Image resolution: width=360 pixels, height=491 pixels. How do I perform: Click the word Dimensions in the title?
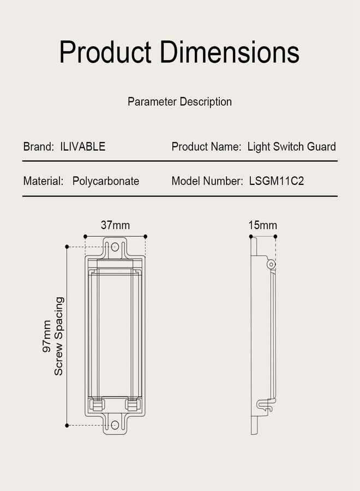click(x=230, y=52)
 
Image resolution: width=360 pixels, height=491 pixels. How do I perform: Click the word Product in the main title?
click(x=105, y=52)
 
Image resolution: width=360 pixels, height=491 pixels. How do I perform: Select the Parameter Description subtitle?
click(x=179, y=102)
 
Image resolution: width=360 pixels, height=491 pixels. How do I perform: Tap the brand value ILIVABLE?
click(x=83, y=146)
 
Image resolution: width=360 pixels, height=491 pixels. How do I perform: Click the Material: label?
click(x=43, y=181)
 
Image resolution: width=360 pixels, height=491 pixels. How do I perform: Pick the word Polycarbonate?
click(x=106, y=181)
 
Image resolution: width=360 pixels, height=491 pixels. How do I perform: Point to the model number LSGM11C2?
click(x=277, y=181)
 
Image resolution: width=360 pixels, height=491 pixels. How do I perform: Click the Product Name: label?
click(x=206, y=147)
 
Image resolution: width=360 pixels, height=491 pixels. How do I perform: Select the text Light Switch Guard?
click(x=291, y=147)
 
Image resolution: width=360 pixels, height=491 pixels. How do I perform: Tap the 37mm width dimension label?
click(x=115, y=225)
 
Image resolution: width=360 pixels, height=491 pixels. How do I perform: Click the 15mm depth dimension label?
click(x=263, y=225)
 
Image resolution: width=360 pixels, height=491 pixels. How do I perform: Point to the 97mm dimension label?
click(x=47, y=336)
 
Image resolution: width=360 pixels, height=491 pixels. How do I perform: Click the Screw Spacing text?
click(x=58, y=336)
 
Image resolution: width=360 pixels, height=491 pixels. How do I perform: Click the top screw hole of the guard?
click(x=115, y=247)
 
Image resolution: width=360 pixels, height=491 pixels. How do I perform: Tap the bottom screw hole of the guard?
click(x=115, y=425)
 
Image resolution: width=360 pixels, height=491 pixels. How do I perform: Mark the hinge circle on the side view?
click(x=271, y=265)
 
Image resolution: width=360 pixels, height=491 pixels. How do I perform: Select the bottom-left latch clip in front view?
click(x=97, y=405)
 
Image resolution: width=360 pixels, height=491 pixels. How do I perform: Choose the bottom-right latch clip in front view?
click(x=133, y=405)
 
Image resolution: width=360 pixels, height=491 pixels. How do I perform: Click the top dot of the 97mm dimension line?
click(x=67, y=247)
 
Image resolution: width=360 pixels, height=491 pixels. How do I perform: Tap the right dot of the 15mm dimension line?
click(x=275, y=236)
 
